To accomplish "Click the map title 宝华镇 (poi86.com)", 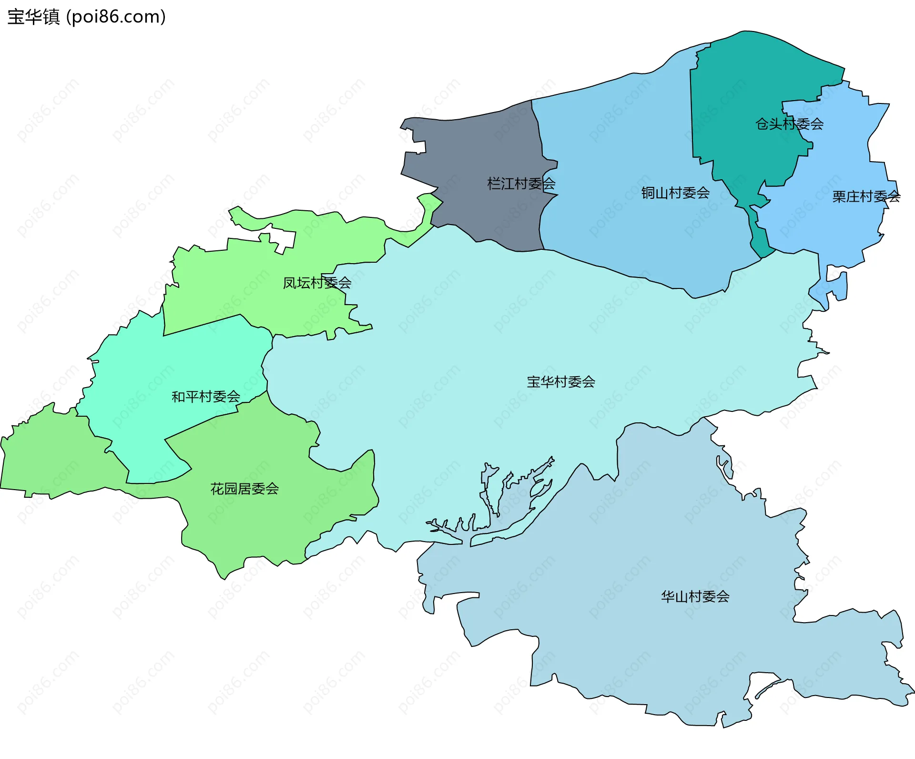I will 87,17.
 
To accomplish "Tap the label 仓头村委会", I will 789,124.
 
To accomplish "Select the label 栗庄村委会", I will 866,196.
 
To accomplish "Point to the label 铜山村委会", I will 675,193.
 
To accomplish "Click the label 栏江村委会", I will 521,184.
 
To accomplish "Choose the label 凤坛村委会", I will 317,283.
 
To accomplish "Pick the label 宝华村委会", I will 560,382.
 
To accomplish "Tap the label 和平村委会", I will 205,397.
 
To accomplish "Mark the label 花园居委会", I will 244,489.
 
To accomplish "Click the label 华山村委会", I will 695,596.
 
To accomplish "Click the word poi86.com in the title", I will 116,17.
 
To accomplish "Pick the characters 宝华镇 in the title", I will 33,17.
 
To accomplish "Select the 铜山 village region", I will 620,143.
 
